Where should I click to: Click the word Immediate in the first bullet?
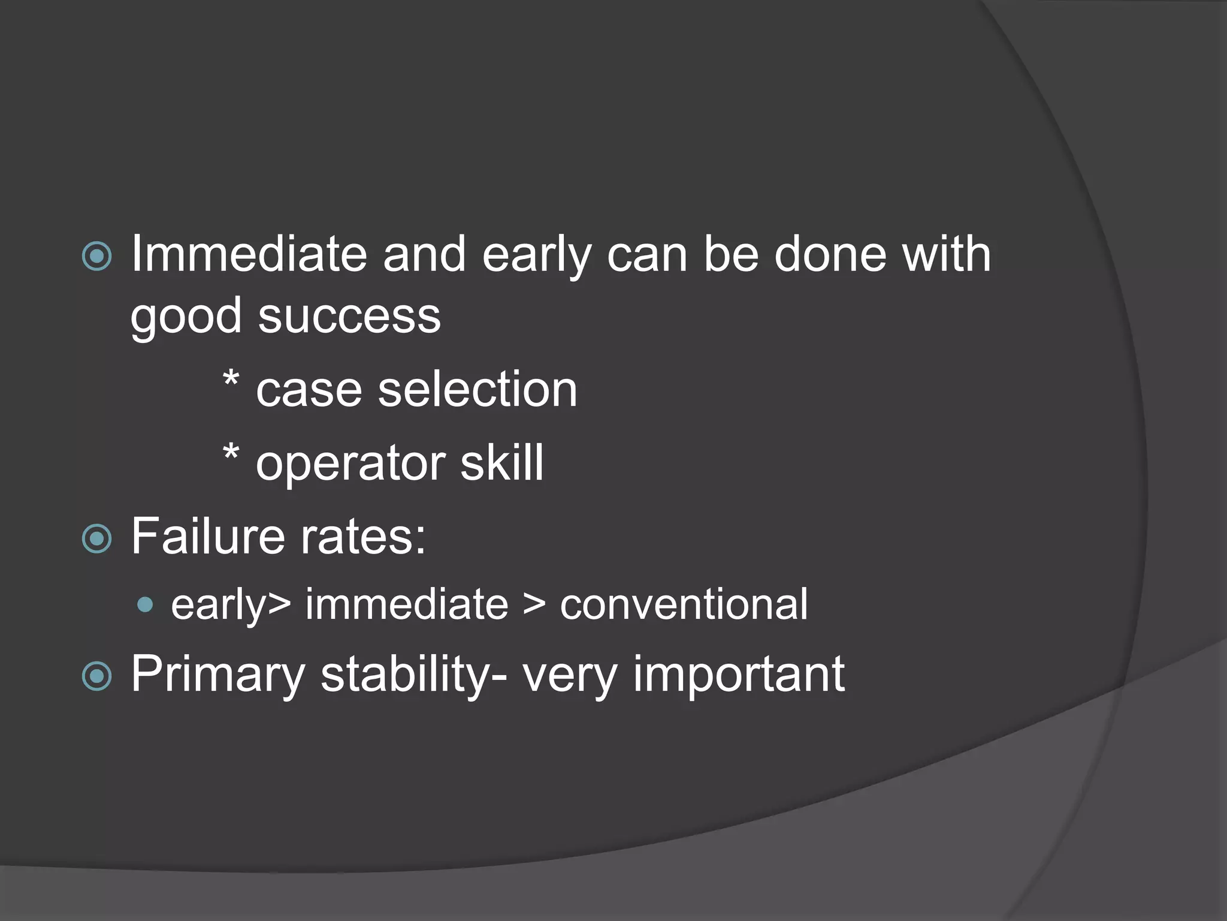[248, 254]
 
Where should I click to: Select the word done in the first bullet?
[830, 254]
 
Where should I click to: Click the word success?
[349, 317]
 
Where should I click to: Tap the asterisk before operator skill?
[231, 453]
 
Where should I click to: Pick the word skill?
[502, 463]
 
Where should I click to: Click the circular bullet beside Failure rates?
[96, 538]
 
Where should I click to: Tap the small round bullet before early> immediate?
[144, 604]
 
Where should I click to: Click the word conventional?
[684, 604]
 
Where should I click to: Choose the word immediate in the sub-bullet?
[407, 604]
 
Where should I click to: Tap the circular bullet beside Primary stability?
[96, 676]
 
